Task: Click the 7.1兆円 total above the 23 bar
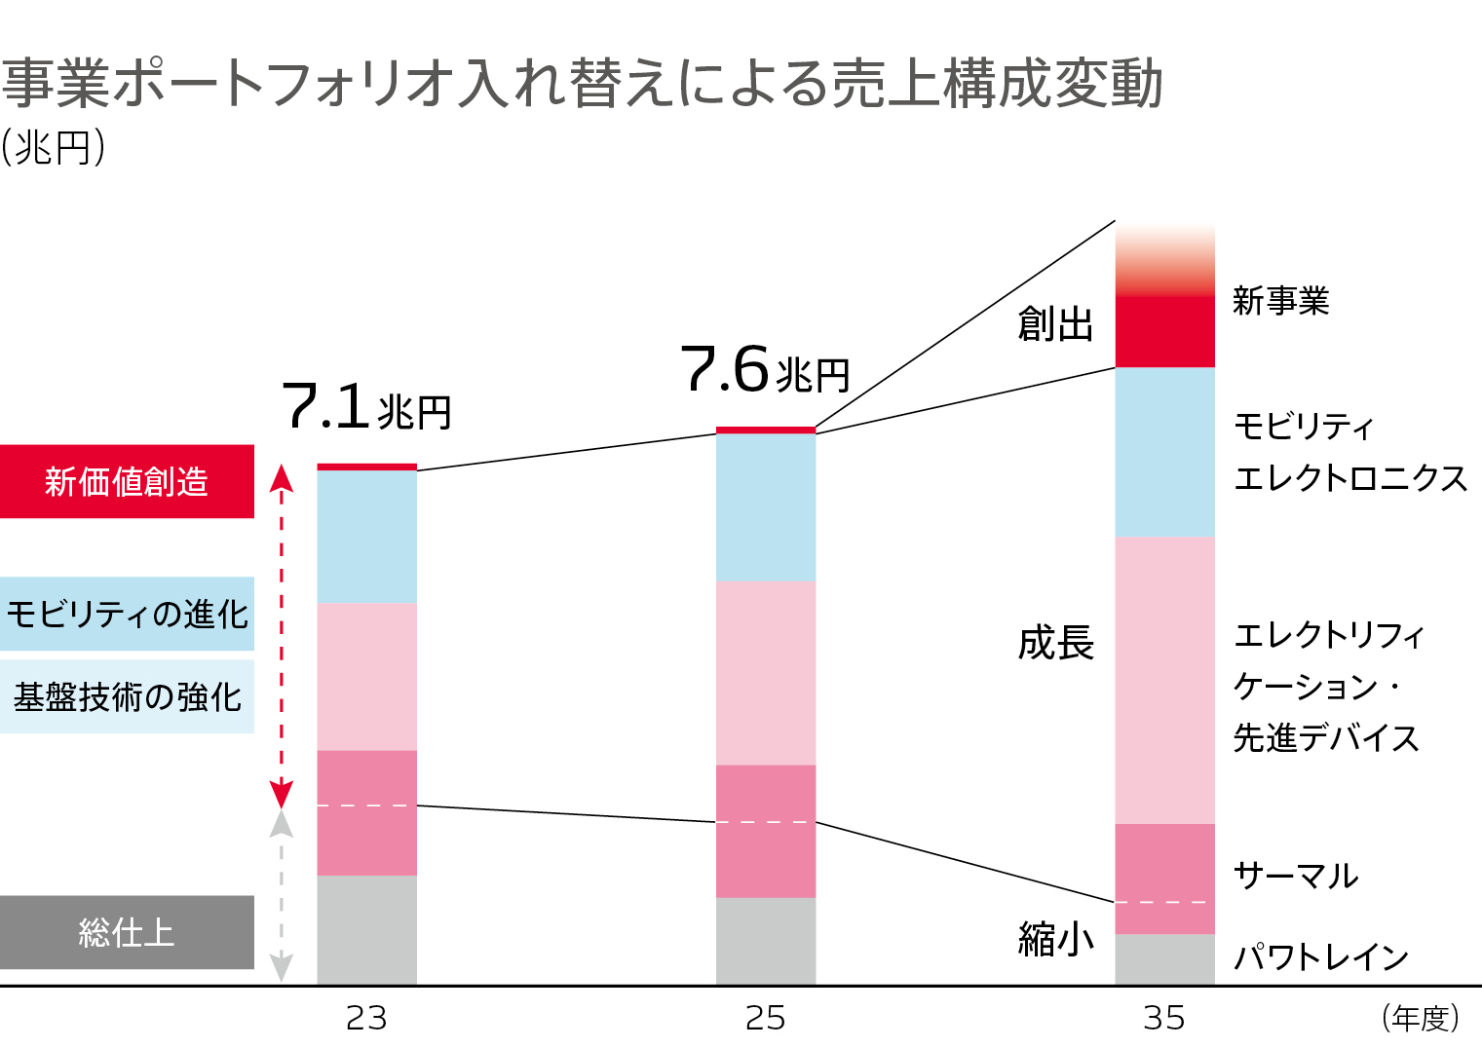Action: [365, 407]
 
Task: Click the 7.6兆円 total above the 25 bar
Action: [765, 370]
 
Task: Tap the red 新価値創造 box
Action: [127, 481]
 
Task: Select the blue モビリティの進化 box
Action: [127, 614]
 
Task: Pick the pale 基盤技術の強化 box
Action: [127, 696]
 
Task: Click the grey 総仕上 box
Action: [127, 932]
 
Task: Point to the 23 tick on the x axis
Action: [366, 1018]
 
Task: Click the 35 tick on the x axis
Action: [1164, 1018]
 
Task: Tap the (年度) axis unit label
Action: [1421, 1018]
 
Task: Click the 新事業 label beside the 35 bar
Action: [1280, 301]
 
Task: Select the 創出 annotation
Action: [1055, 323]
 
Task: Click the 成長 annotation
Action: [1055, 643]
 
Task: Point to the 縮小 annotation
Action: [1055, 939]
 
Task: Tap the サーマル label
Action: [1296, 876]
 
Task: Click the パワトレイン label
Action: [1321, 957]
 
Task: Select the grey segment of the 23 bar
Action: [366, 930]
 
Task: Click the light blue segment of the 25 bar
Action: [766, 507]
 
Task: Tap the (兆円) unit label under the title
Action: [54, 148]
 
